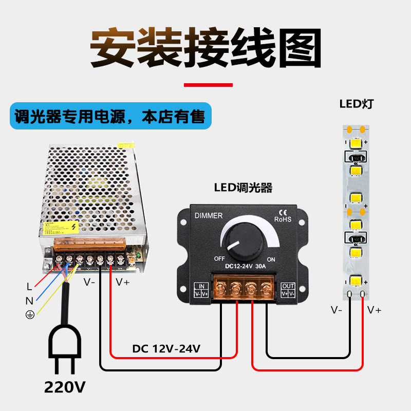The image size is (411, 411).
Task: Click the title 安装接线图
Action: click(206, 49)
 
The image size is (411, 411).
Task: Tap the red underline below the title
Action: click(208, 85)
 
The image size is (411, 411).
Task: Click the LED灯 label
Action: click(356, 104)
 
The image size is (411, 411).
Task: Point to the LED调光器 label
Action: click(243, 188)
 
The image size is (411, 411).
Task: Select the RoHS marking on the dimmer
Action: click(283, 219)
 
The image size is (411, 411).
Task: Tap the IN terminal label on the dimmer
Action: click(201, 286)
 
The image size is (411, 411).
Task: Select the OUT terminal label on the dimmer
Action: click(288, 286)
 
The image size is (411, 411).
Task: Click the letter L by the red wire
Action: click(29, 287)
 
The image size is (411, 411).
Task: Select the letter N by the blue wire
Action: click(29, 301)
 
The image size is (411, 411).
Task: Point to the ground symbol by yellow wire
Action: click(29, 315)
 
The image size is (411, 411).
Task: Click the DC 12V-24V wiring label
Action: click(166, 349)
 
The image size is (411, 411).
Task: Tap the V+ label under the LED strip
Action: click(374, 310)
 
